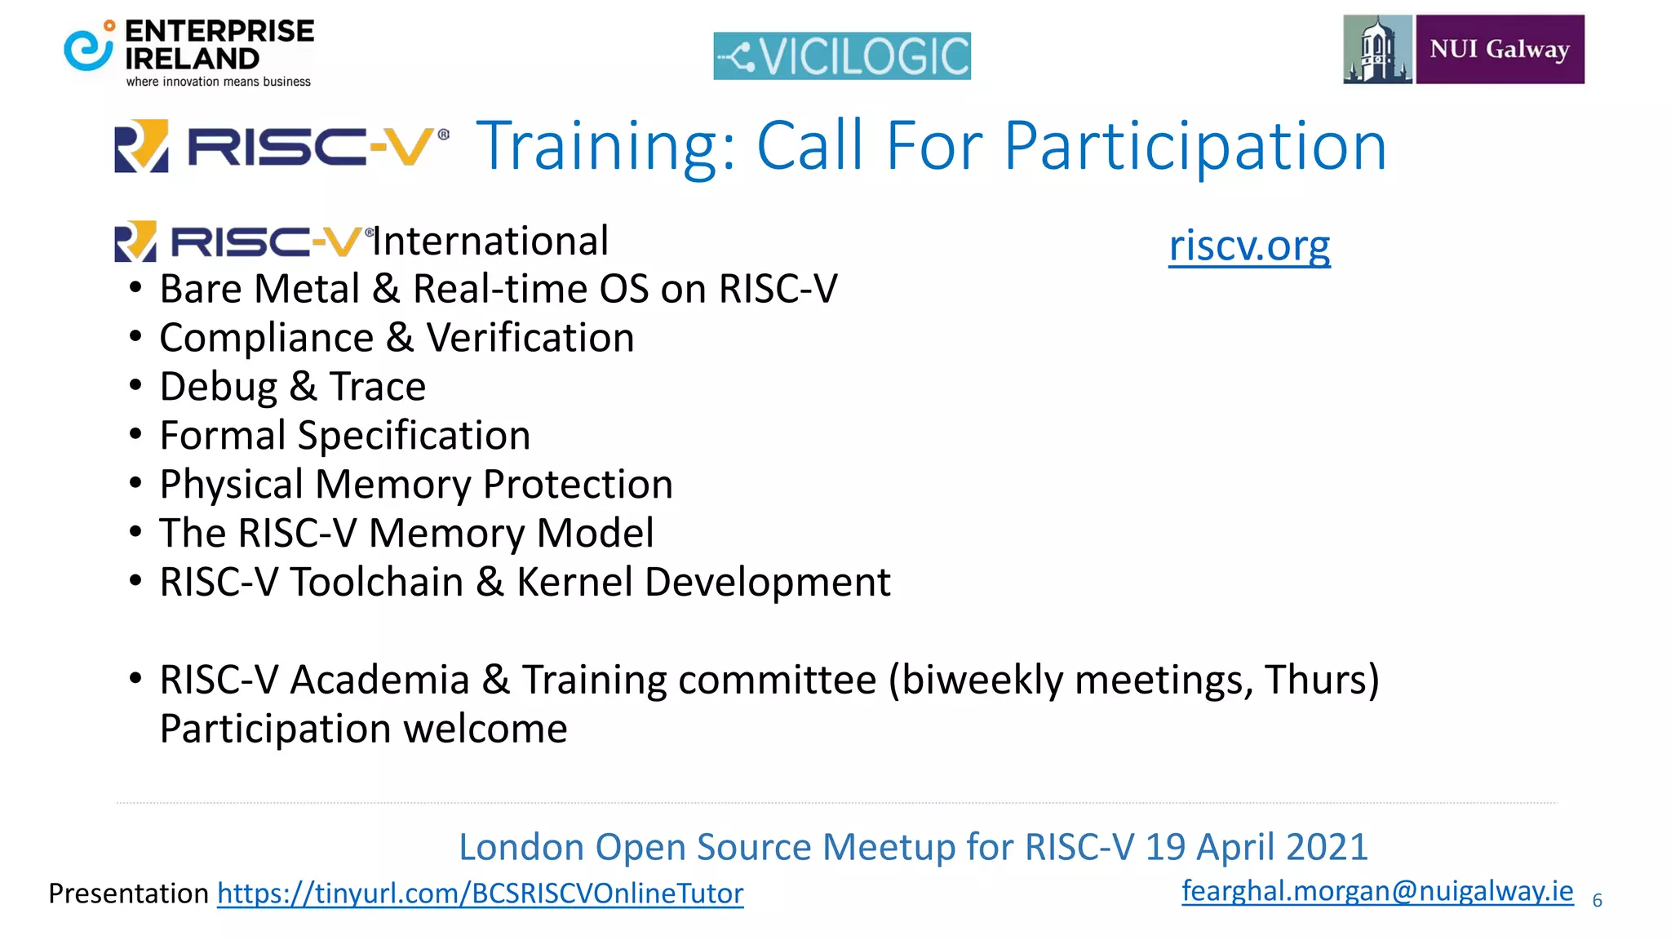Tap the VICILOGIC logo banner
[842, 55]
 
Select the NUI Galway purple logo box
[1500, 49]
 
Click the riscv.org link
[1249, 245]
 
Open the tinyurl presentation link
[480, 893]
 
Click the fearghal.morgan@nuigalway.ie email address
[1377, 890]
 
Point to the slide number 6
[1598, 901]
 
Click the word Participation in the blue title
[1195, 147]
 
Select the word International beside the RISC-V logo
[491, 242]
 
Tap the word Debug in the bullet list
[218, 387]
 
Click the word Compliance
[266, 338]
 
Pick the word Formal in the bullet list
[222, 435]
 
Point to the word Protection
[578, 485]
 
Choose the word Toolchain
[377, 583]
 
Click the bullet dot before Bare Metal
[135, 288]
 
